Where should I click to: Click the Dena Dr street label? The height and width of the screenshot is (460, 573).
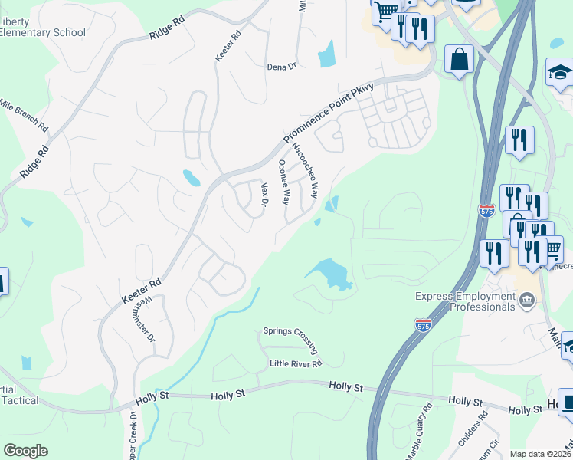pyautogui.click(x=281, y=67)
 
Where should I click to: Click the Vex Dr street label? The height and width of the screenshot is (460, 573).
pyautogui.click(x=264, y=195)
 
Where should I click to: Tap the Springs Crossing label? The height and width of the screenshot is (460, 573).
pyautogui.click(x=290, y=331)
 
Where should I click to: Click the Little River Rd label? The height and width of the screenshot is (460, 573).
pyautogui.click(x=295, y=363)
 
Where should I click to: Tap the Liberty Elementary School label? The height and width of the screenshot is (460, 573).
pyautogui.click(x=43, y=28)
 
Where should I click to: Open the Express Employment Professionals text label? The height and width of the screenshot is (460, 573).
pyautogui.click(x=465, y=301)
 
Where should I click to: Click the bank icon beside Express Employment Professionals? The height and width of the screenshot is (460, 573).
pyautogui.click(x=526, y=300)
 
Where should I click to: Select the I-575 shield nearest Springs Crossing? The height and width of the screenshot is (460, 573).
pyautogui.click(x=423, y=325)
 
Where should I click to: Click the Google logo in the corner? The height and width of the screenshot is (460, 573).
pyautogui.click(x=26, y=451)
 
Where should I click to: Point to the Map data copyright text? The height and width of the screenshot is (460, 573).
pyautogui.click(x=541, y=454)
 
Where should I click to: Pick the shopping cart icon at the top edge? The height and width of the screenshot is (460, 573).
pyautogui.click(x=386, y=10)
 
